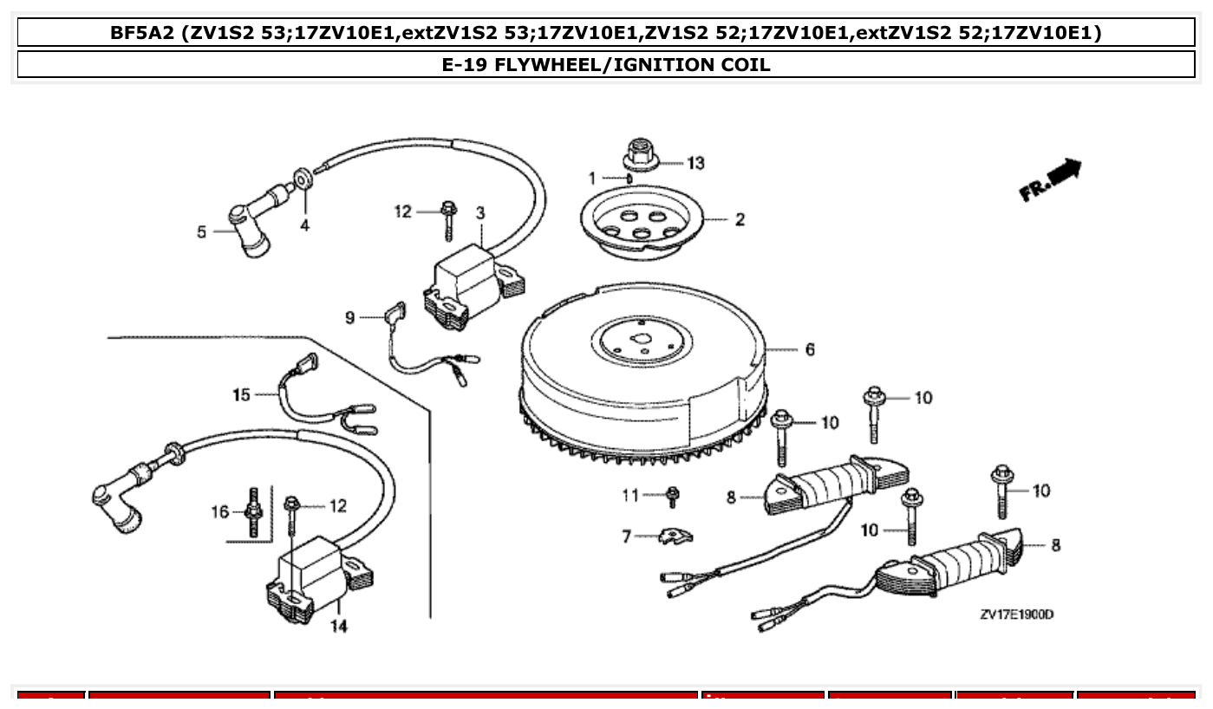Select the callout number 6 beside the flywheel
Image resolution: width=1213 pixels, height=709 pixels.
tap(809, 350)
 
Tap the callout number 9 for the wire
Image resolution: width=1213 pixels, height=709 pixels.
tap(350, 318)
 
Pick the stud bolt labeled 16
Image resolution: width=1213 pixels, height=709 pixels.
tap(254, 512)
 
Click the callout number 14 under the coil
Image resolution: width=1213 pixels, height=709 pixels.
tap(339, 626)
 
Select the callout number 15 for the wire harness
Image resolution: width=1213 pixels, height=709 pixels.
tap(241, 395)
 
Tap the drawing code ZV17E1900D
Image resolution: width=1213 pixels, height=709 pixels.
tap(1016, 615)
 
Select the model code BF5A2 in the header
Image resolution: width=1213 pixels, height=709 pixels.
tap(142, 33)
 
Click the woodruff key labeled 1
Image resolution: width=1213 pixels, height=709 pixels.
tap(629, 179)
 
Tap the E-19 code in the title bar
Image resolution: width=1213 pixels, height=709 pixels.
tap(466, 64)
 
